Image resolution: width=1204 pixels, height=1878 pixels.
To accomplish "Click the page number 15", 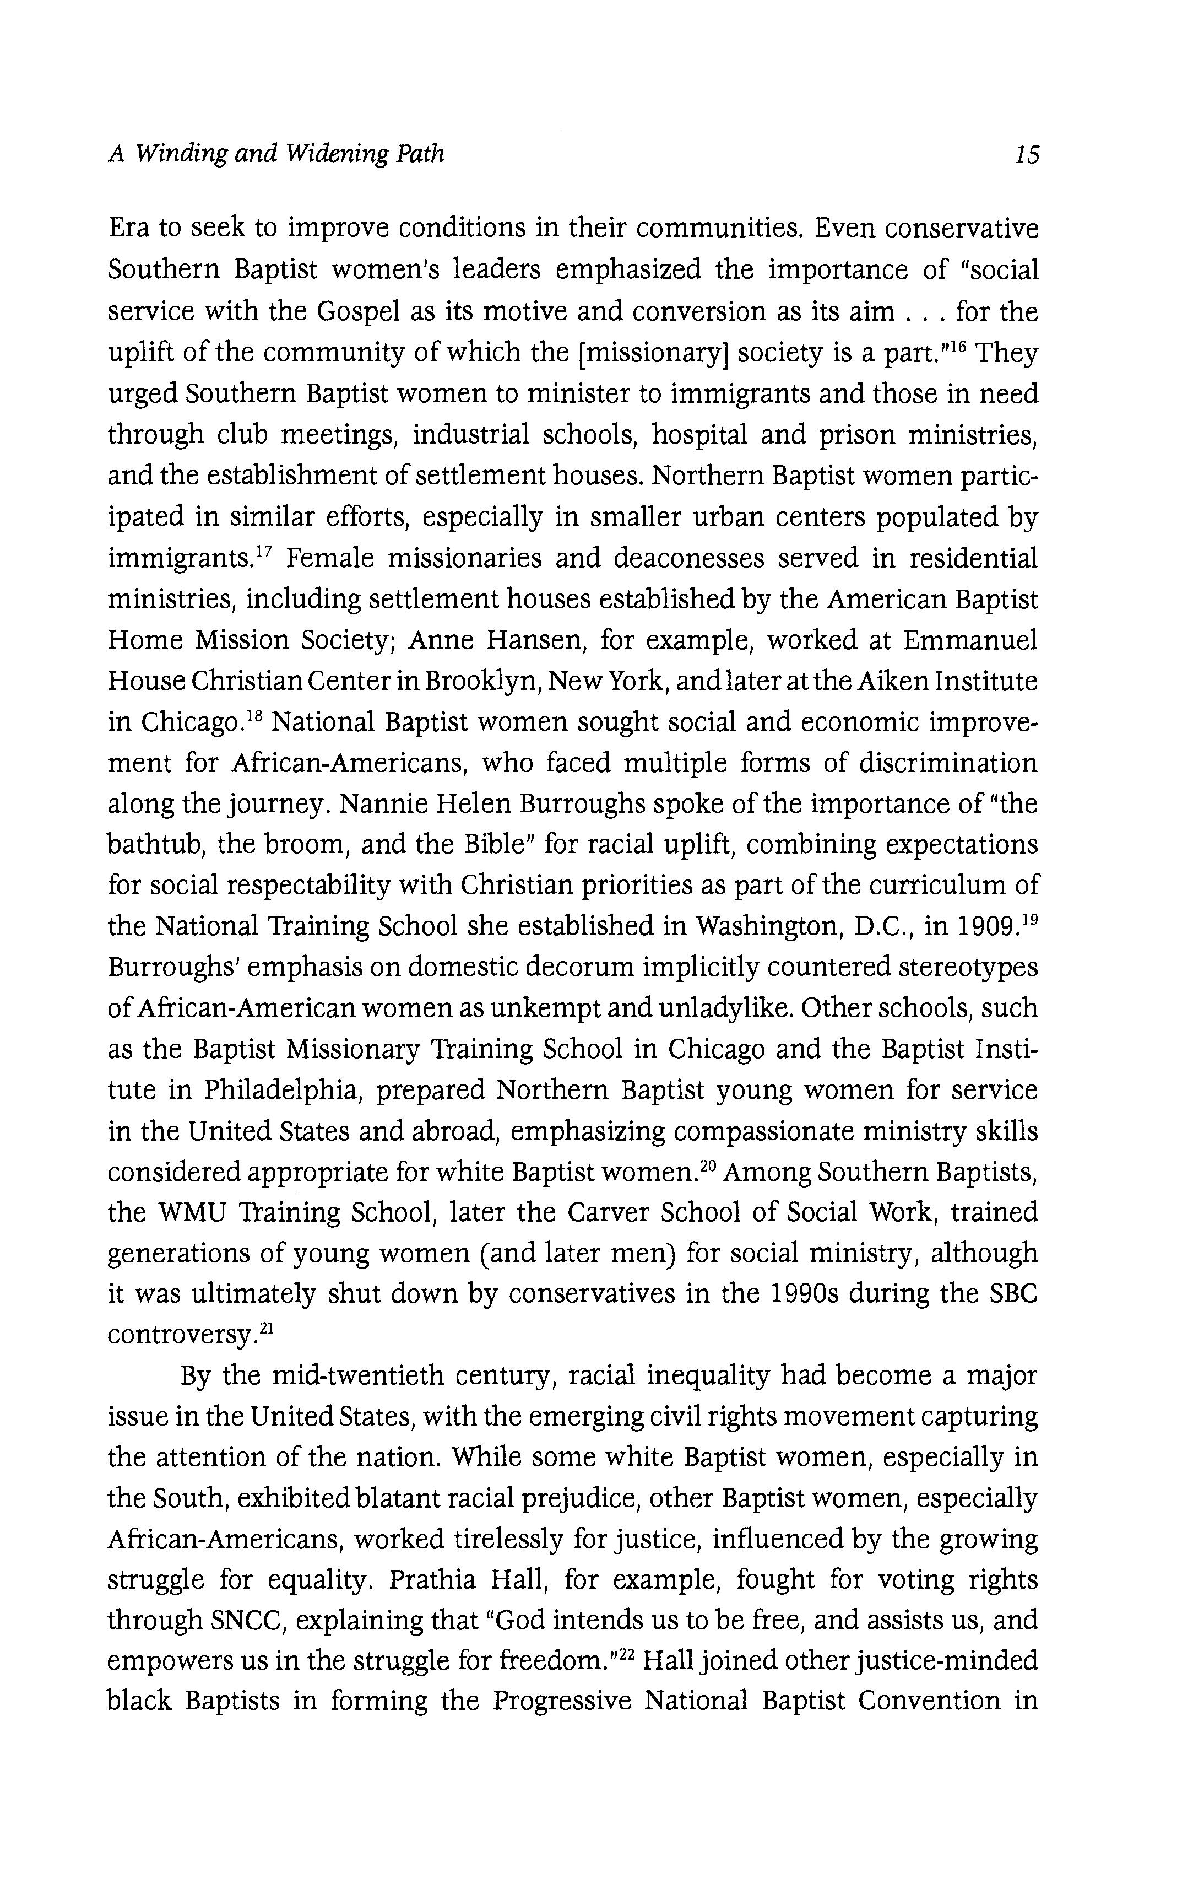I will point(1027,155).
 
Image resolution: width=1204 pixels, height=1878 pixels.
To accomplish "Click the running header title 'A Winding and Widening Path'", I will point(276,153).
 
